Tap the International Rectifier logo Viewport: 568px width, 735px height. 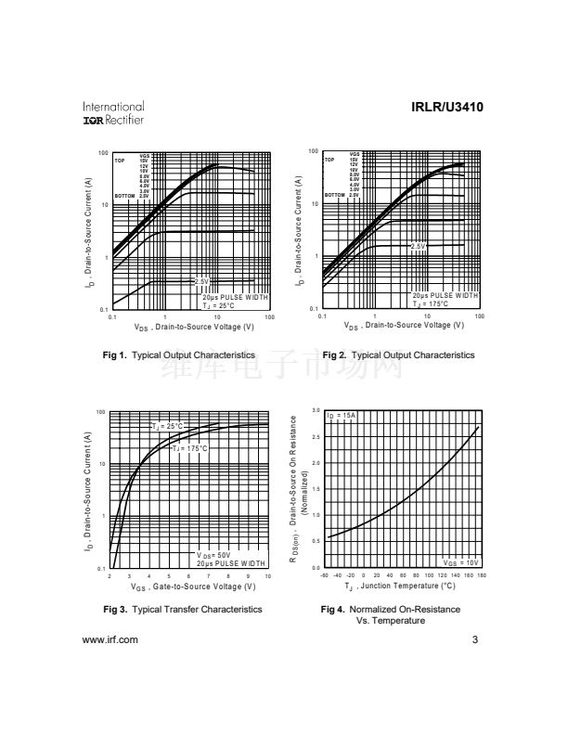(113, 113)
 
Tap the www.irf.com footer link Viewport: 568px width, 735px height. (110, 639)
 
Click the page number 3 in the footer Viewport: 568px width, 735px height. (474, 639)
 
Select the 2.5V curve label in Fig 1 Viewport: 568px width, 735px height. (201, 280)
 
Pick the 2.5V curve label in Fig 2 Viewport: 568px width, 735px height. (418, 245)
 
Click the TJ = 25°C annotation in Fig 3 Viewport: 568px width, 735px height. (169, 426)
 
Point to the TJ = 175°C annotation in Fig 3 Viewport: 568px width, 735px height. (189, 448)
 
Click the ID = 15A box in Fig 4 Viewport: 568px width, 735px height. (342, 415)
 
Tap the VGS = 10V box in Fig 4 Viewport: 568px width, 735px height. (461, 562)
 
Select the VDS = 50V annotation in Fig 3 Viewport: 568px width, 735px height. (215, 555)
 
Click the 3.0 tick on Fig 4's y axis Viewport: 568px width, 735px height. (316, 411)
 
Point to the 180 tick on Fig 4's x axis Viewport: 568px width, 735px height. (481, 575)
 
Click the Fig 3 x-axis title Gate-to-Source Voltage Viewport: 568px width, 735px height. (193, 587)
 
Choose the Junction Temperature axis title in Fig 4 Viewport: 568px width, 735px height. (400, 587)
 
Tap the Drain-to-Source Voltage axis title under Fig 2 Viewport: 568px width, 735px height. (403, 326)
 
